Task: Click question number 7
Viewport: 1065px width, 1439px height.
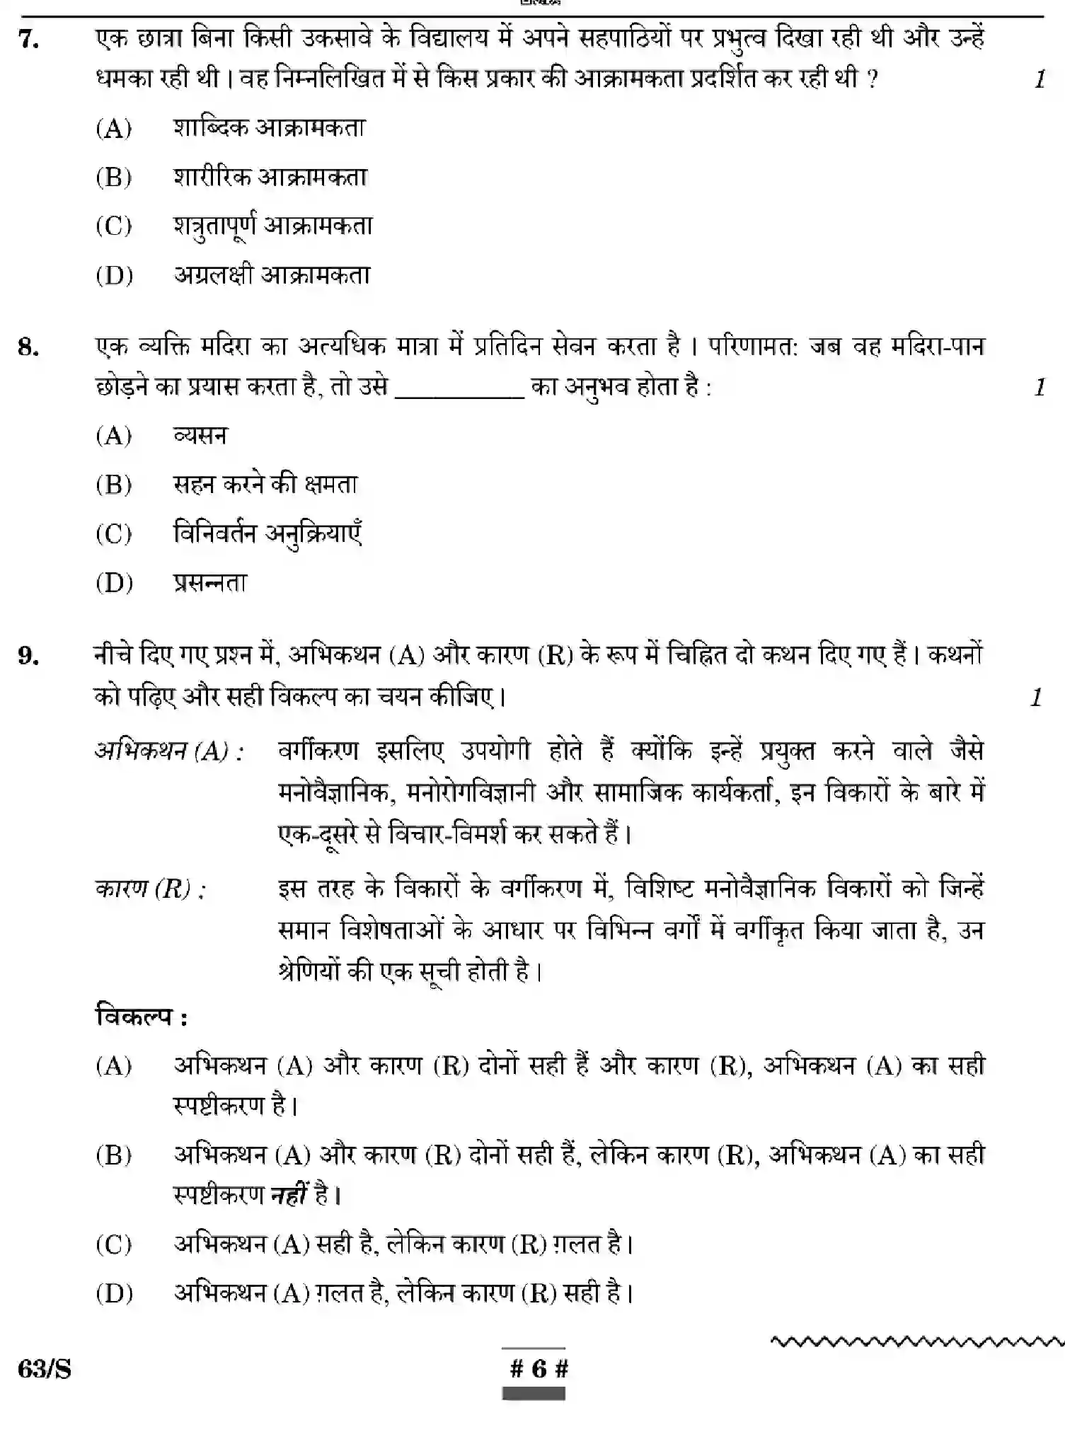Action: pos(29,40)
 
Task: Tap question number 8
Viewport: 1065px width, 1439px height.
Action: pos(28,347)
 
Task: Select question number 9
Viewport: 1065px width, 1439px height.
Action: pos(28,657)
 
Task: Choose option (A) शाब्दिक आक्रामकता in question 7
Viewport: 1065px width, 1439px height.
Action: pos(268,128)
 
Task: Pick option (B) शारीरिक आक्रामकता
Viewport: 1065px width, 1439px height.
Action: pos(270,177)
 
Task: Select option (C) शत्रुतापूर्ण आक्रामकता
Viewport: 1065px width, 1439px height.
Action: pos(272,226)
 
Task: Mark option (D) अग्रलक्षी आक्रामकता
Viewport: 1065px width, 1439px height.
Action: pos(272,275)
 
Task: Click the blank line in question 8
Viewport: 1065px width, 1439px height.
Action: pos(459,396)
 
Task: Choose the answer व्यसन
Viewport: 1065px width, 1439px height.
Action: pos(200,436)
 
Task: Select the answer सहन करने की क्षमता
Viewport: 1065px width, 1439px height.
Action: pos(265,485)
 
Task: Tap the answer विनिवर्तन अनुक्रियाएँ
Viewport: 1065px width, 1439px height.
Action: pos(267,534)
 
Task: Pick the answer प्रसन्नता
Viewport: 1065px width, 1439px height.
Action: pos(210,583)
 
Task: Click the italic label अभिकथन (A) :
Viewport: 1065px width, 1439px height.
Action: pos(169,751)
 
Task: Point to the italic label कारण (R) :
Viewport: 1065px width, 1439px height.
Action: pos(150,889)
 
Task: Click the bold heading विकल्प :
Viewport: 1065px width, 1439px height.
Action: pos(142,1017)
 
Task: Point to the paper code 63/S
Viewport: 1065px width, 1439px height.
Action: pos(45,1370)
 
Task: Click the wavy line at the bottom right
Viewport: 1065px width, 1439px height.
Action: pos(916,1341)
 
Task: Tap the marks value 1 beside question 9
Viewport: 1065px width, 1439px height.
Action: pos(1037,698)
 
